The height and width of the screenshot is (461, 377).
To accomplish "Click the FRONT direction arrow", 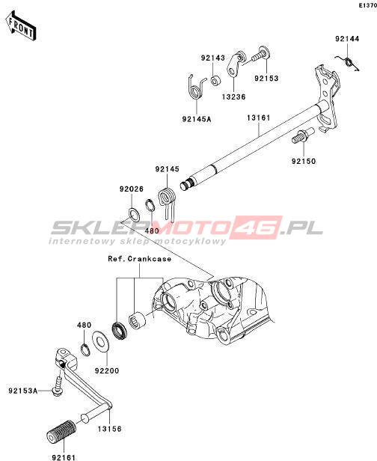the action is click(x=21, y=25).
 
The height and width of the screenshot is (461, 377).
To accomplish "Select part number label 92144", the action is click(x=347, y=39).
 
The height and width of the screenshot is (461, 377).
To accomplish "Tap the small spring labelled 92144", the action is click(x=349, y=62).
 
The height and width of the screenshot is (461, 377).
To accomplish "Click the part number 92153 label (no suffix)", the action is click(x=266, y=79).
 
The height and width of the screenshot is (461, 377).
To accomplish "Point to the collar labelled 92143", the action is click(x=215, y=80).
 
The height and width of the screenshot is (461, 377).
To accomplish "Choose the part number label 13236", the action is click(x=233, y=97).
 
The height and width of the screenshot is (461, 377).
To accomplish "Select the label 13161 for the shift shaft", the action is click(x=259, y=118).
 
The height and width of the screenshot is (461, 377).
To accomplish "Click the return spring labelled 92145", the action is click(x=168, y=203).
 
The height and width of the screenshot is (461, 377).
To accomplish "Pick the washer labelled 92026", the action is click(x=134, y=215).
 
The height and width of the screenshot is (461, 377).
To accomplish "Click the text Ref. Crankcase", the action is click(x=140, y=259).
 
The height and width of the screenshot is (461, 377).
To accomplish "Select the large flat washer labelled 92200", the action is click(x=101, y=341).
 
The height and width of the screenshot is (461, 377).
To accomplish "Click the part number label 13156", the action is click(x=109, y=429).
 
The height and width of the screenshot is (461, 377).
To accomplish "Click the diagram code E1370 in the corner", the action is click(x=369, y=5).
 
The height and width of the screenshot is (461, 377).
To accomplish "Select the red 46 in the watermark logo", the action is click(x=259, y=228).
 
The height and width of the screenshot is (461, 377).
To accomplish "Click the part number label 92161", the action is click(x=64, y=457).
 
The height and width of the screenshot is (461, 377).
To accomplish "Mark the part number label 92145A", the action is click(x=197, y=120).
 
